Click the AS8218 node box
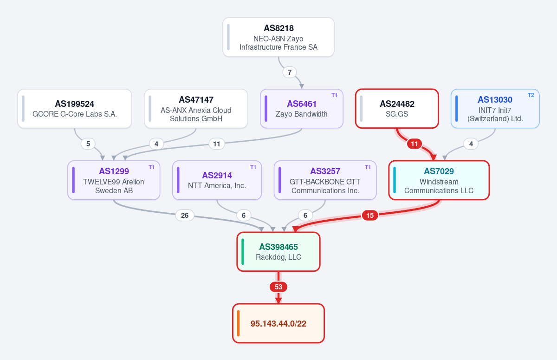coord(278,37)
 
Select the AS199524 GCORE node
coord(75,109)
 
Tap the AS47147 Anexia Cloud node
coord(196,109)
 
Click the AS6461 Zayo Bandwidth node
coord(302,109)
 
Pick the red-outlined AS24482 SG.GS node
coord(397,109)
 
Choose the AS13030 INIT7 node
coord(495,109)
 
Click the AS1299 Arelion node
coord(114,180)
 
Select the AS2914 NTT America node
coord(217,180)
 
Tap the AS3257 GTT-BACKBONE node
coord(325,180)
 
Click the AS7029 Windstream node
coord(439,180)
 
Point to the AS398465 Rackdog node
coord(278,252)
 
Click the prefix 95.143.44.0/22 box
coord(278,323)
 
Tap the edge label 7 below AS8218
coord(290,72)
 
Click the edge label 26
coord(185,216)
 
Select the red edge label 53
coord(278,287)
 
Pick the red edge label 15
coord(370,216)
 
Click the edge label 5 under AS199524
coord(88,144)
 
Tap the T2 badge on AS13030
coord(531,95)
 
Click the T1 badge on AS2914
coord(253,167)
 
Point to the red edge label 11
coord(414,144)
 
